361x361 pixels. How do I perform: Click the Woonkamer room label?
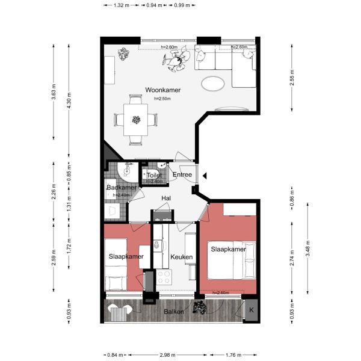[x=163, y=90]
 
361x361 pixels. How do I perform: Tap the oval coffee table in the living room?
[x=214, y=83]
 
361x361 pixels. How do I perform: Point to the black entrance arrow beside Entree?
[x=205, y=176]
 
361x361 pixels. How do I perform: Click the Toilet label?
[x=154, y=176]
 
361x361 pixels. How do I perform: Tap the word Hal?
[x=167, y=198]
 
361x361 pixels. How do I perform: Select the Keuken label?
[x=181, y=257]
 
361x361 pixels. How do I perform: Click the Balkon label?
[x=174, y=312]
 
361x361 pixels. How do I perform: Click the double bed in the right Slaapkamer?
[x=233, y=259]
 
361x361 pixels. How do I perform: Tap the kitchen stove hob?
[x=164, y=277]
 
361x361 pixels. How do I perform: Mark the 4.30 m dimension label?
[x=69, y=95]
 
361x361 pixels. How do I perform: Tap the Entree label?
[x=182, y=175]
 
